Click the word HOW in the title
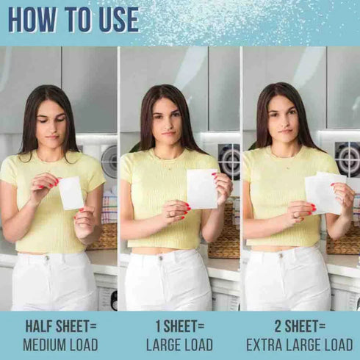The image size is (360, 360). [32, 20]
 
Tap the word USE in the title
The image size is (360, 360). [114, 20]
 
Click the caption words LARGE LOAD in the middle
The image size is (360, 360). [180, 344]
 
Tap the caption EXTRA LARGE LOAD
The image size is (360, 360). [299, 344]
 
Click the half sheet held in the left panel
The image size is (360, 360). [71, 192]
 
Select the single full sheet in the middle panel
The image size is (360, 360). [201, 188]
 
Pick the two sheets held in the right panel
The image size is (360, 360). [325, 192]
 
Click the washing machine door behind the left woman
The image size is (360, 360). [110, 162]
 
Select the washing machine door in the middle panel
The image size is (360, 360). [230, 160]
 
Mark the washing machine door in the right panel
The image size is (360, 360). [348, 159]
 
